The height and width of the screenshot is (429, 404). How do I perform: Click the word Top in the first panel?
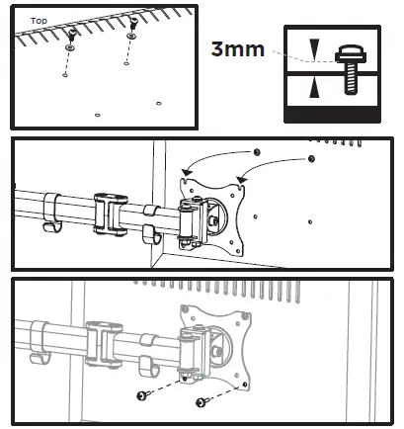pos(39,20)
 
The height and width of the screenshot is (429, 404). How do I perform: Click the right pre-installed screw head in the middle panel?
pos(310,158)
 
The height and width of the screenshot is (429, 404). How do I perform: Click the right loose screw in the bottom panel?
pos(202,402)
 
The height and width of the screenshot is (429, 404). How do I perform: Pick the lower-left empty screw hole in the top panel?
pos(97,115)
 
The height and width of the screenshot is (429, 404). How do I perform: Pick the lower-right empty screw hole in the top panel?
pos(159,101)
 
